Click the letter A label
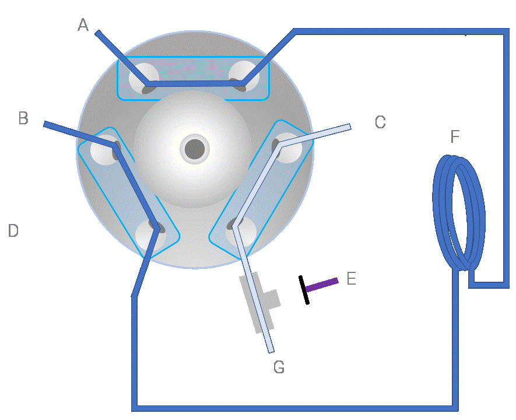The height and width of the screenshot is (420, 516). click(x=83, y=24)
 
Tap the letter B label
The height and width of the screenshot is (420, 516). click(x=23, y=118)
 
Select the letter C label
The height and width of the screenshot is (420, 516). click(x=380, y=122)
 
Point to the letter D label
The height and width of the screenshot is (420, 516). click(x=13, y=230)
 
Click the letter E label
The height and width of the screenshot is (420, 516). click(x=352, y=278)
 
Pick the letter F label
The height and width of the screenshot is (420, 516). click(x=455, y=136)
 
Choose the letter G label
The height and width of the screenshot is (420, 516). click(x=279, y=367)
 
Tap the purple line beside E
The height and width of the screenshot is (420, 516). click(x=321, y=285)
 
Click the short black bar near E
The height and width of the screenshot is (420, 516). click(x=304, y=290)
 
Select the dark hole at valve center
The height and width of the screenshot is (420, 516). click(x=195, y=149)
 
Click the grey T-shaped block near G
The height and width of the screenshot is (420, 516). click(x=260, y=302)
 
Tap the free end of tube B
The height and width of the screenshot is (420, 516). click(x=45, y=124)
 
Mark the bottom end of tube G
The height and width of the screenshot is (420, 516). click(x=271, y=351)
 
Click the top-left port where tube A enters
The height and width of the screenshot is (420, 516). click(x=144, y=79)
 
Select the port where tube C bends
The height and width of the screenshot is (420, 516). click(x=286, y=148)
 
